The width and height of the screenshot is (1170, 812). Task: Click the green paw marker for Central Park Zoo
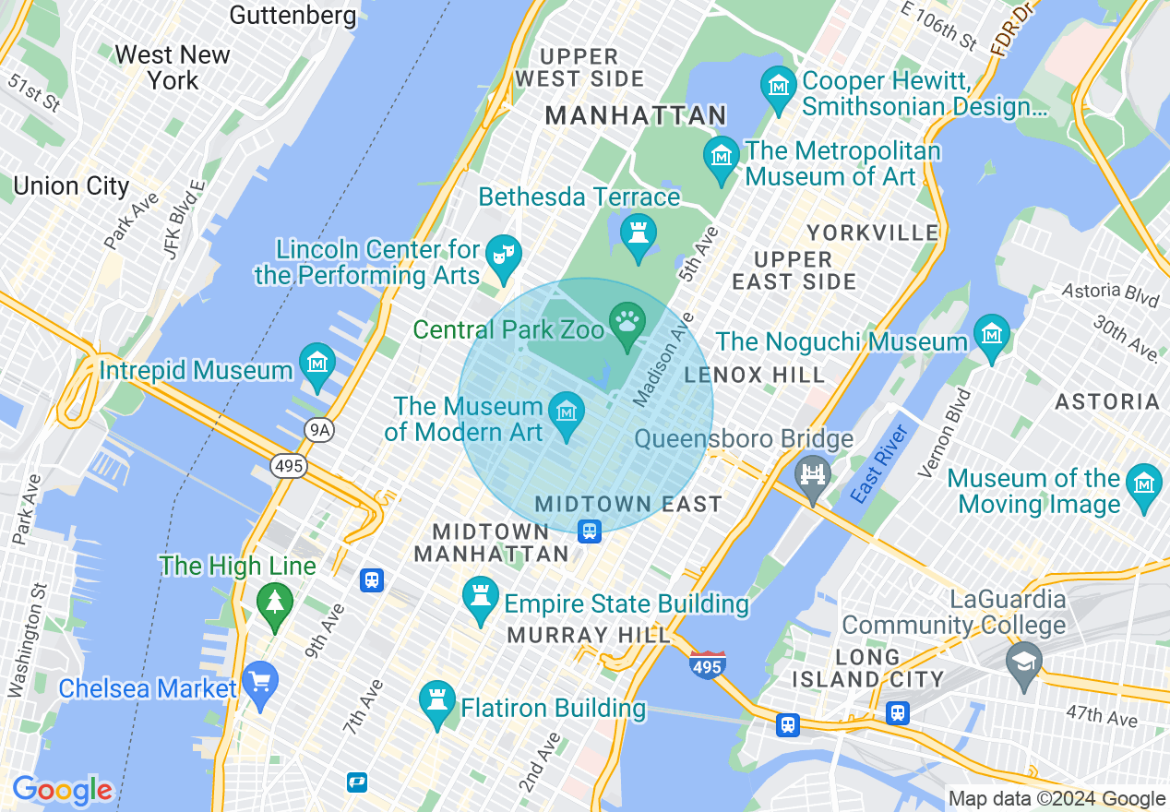627,324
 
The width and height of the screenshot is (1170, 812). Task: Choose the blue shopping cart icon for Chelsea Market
261,684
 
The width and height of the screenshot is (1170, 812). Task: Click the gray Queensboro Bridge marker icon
813,475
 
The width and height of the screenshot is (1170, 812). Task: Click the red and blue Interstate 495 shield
707,664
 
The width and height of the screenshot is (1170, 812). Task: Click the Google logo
62,791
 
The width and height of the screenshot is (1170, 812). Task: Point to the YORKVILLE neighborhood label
872,232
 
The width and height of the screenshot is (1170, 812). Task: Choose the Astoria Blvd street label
1110,294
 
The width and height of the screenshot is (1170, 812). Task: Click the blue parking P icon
357,782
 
